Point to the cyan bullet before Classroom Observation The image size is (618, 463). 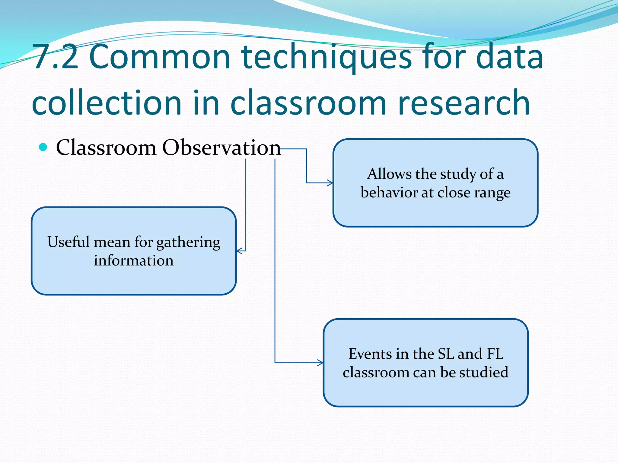43,147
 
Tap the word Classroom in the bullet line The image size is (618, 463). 106,148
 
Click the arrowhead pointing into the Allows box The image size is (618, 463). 330,183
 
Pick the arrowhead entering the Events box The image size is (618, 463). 320,363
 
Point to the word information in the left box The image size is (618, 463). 134,260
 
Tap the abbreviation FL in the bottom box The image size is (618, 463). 495,354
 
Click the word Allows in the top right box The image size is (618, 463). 389,174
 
